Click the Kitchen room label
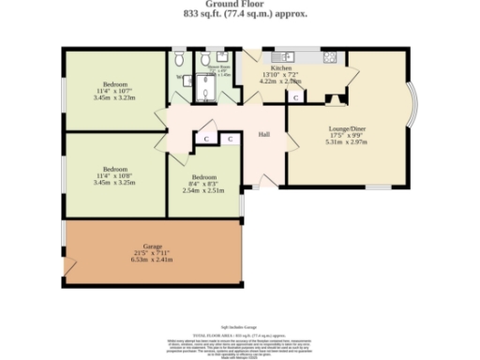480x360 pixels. pyautogui.click(x=282, y=69)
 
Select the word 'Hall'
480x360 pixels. pyautogui.click(x=264, y=133)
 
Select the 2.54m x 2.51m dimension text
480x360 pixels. pyautogui.click(x=203, y=190)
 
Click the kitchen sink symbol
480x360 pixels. pyautogui.click(x=280, y=54)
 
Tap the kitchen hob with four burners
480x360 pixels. pyautogui.click(x=330, y=56)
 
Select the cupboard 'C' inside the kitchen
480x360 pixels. pyautogui.click(x=295, y=97)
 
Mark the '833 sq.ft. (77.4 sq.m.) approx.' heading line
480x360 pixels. pyautogui.click(x=240, y=15)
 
